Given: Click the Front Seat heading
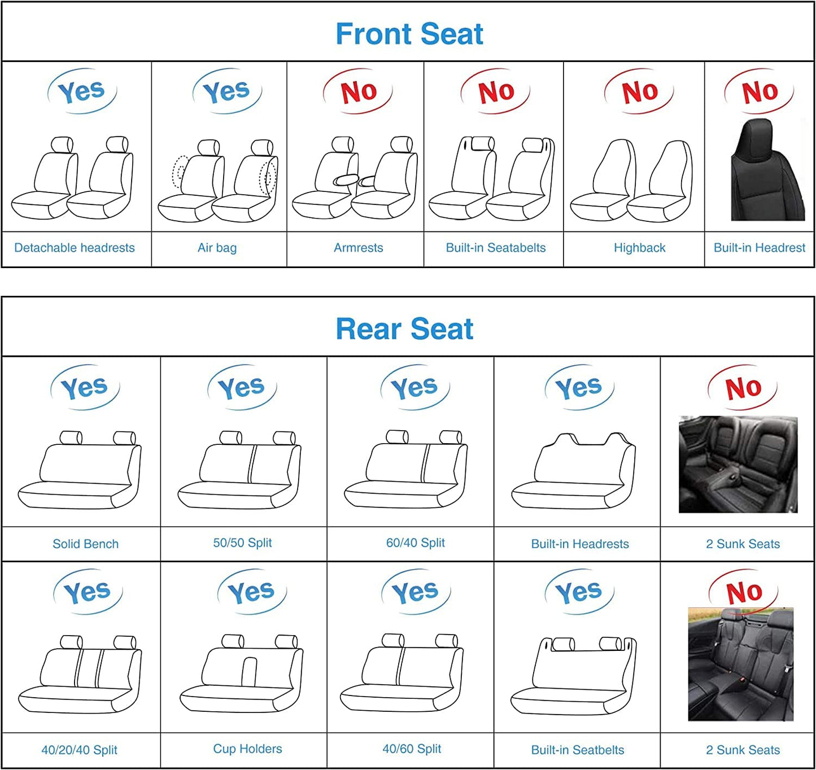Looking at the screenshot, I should [x=409, y=34].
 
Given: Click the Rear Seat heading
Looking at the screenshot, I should [x=404, y=329].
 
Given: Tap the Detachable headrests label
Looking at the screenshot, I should [x=75, y=248].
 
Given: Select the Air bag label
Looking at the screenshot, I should [x=217, y=248].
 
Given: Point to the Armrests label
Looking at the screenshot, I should [x=358, y=248].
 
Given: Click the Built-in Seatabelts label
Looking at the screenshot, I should [x=496, y=248].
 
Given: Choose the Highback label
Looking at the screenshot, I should [x=639, y=248].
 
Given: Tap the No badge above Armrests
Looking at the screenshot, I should [x=358, y=91].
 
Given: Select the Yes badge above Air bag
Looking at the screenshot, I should [x=226, y=91].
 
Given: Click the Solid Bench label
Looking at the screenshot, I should [x=86, y=544].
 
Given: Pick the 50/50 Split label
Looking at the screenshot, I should [x=242, y=542].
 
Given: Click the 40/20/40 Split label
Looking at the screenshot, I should [x=79, y=750].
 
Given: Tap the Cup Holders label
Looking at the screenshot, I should [x=247, y=749].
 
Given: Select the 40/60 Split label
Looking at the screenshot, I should [x=412, y=749].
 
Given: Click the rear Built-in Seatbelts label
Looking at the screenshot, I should [x=578, y=750].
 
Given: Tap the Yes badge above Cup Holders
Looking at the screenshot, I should [x=251, y=592].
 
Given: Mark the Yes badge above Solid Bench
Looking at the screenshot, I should [x=85, y=388].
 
